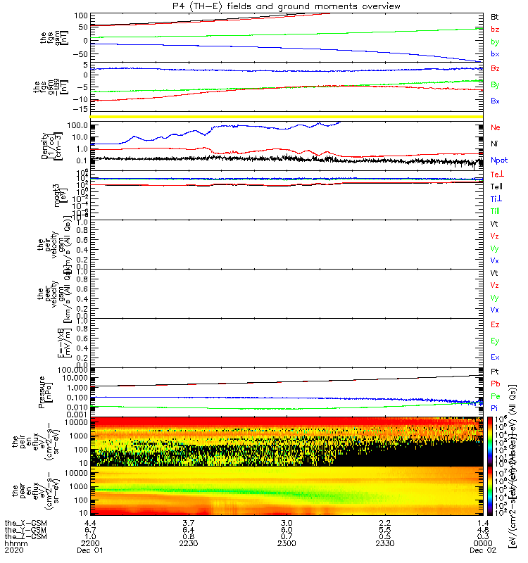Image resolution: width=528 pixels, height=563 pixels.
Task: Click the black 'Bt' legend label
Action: pyautogui.click(x=496, y=16)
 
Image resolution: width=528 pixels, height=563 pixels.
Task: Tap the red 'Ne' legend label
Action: pyautogui.click(x=496, y=127)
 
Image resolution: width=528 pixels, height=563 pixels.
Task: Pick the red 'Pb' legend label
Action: pyautogui.click(x=496, y=384)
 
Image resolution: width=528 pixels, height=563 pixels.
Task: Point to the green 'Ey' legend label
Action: pyautogui.click(x=496, y=341)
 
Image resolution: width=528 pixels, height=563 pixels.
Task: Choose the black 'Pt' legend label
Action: pyautogui.click(x=495, y=371)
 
